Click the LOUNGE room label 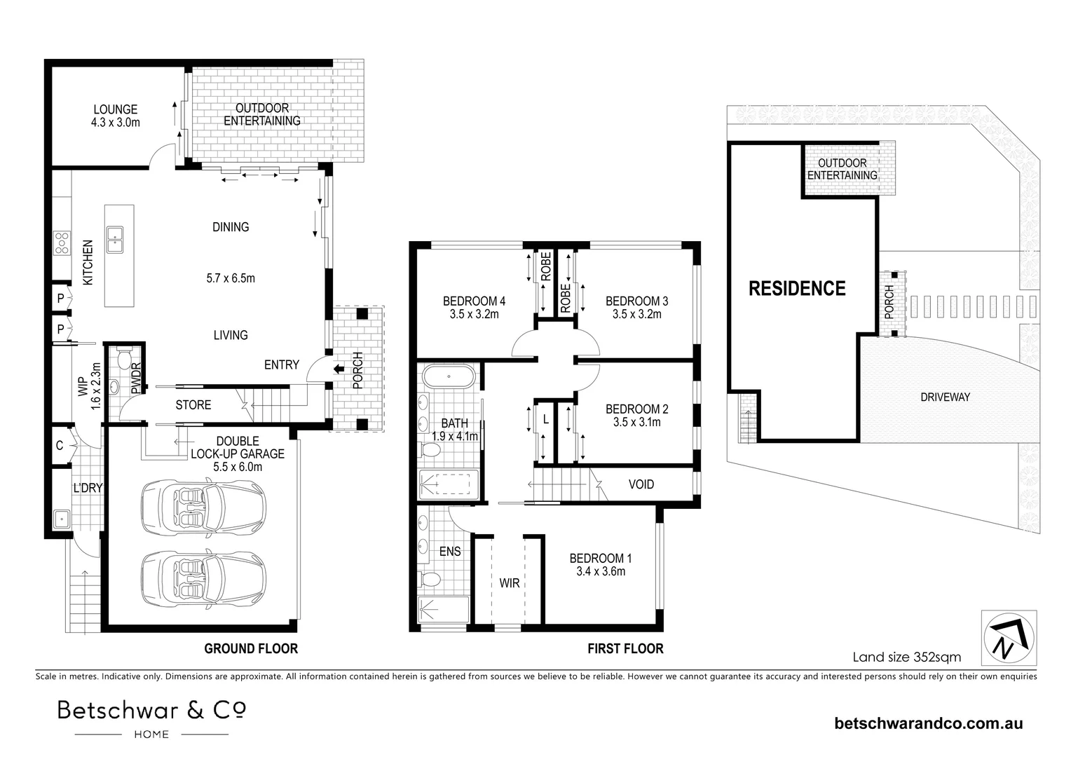pos(115,109)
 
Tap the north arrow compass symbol pos(1009,638)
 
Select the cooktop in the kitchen pos(62,243)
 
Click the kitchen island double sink pos(115,240)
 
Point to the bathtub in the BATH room pos(449,377)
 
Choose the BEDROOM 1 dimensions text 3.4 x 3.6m pos(601,571)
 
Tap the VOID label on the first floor pos(641,484)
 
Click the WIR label pos(509,583)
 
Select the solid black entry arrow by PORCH pos(339,369)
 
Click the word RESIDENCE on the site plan pos(797,288)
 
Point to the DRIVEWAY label pos(946,397)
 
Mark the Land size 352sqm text pos(906,657)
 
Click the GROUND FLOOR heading pos(251,648)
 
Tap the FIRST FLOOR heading pos(625,648)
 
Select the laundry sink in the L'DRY pos(62,519)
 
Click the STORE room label pos(193,405)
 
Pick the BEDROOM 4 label pos(474,301)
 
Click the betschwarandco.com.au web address pos(929,723)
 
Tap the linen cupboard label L pos(545,421)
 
